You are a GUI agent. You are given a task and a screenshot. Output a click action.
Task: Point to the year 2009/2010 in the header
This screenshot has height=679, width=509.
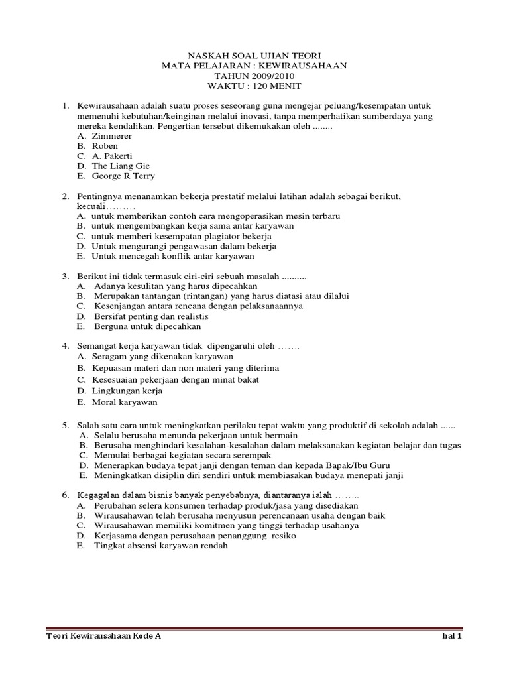(270, 76)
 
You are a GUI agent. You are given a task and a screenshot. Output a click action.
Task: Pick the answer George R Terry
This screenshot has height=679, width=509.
(123, 176)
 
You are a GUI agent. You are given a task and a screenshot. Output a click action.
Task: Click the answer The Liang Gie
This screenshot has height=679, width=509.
(121, 166)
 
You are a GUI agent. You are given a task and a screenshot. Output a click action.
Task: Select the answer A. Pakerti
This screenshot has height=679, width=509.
(115, 156)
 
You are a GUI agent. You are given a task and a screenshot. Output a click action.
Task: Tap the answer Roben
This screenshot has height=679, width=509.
(105, 146)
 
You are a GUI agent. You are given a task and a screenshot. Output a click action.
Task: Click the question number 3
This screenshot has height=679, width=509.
(66, 276)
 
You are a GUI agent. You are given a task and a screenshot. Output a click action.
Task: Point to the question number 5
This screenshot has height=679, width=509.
(66, 424)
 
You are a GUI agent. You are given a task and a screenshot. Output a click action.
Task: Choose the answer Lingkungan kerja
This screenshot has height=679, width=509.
(127, 391)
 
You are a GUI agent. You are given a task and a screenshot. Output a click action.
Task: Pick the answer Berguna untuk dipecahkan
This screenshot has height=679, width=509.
(147, 326)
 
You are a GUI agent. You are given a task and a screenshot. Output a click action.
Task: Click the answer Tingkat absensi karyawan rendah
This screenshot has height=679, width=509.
(160, 546)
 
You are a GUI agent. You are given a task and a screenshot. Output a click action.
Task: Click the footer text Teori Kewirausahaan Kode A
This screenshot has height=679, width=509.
(103, 635)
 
